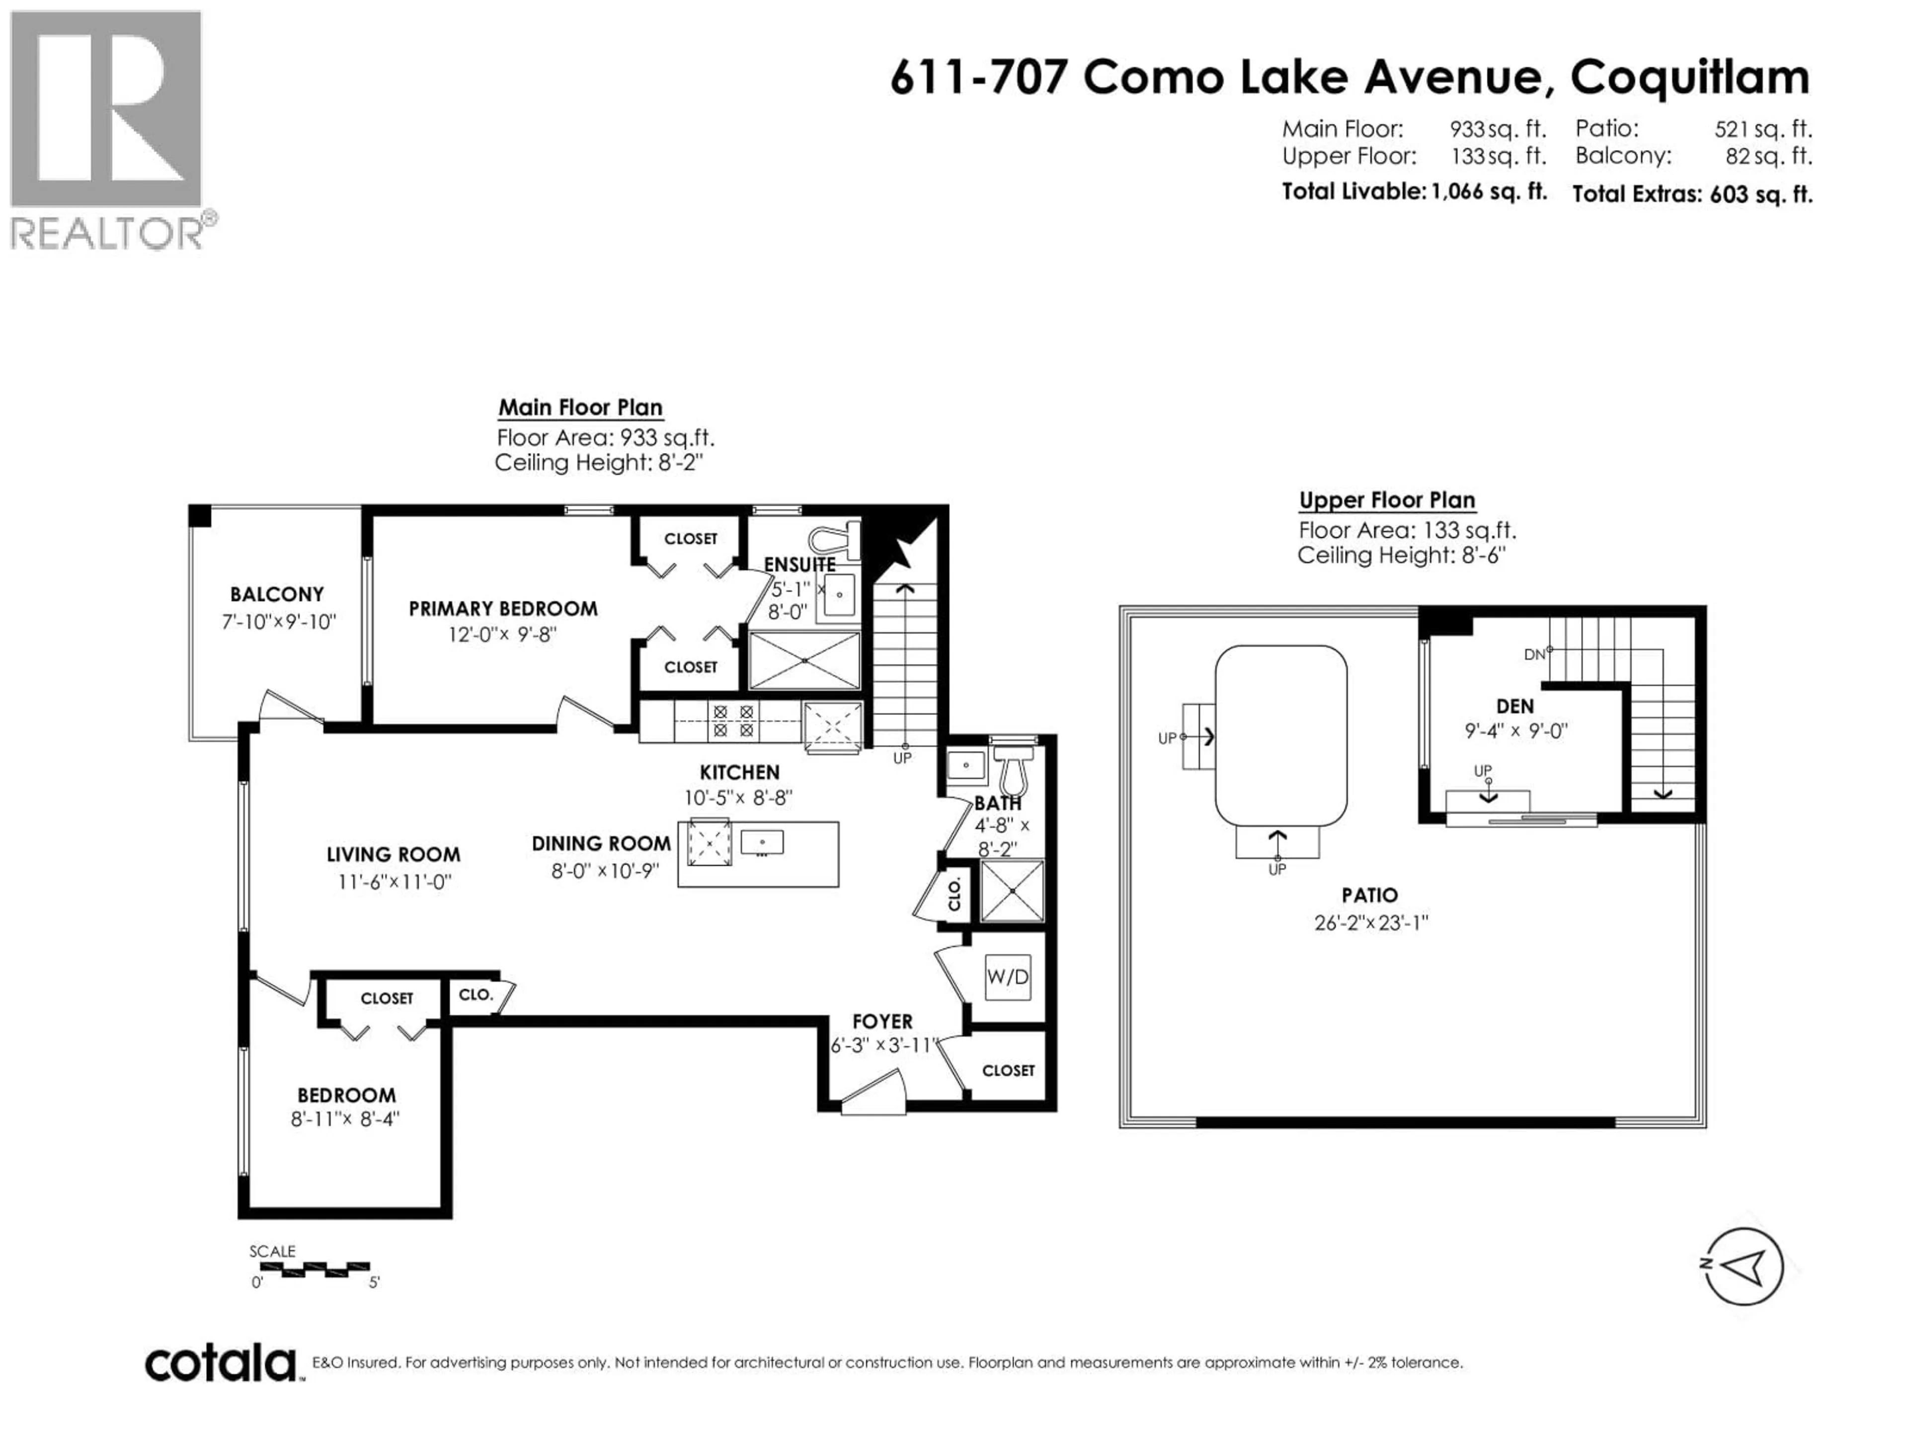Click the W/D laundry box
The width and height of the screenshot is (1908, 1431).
tap(1008, 977)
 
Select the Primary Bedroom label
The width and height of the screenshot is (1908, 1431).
tap(503, 609)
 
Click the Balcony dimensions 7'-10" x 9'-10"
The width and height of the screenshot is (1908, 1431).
tap(278, 622)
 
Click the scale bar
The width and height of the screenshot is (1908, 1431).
tap(315, 1269)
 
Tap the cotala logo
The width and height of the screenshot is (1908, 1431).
tap(220, 1364)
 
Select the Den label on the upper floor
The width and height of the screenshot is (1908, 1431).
tap(1514, 707)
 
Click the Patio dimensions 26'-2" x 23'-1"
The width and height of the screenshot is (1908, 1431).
tap(1370, 923)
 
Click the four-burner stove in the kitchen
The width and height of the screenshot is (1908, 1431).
tap(733, 721)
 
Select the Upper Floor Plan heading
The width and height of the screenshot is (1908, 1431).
tap(1386, 500)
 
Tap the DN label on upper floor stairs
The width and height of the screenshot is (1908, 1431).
tap(1534, 655)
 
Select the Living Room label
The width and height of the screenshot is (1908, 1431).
tap(394, 855)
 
